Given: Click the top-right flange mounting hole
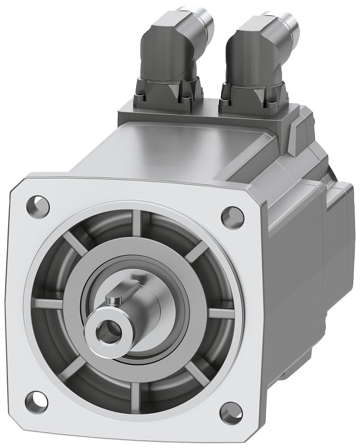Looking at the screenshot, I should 233,218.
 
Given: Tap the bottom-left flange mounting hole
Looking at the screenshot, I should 36,401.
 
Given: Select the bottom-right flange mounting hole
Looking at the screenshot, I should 231,413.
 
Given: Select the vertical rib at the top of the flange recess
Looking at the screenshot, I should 136,223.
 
